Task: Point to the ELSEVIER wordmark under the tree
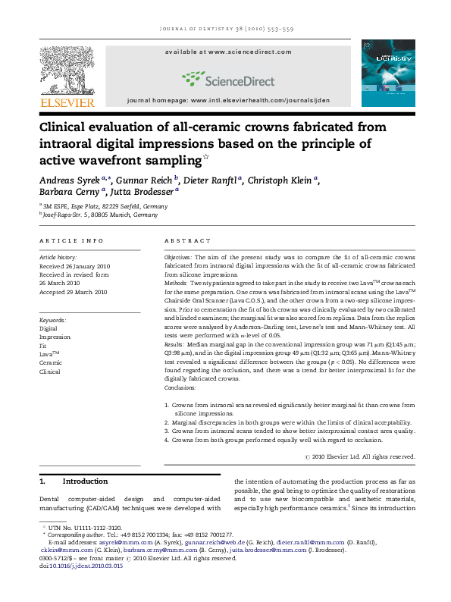(67, 102)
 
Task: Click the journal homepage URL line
(227, 100)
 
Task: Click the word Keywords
(53, 321)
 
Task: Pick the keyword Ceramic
(50, 363)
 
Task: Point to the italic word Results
(177, 344)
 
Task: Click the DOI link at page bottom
(84, 566)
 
